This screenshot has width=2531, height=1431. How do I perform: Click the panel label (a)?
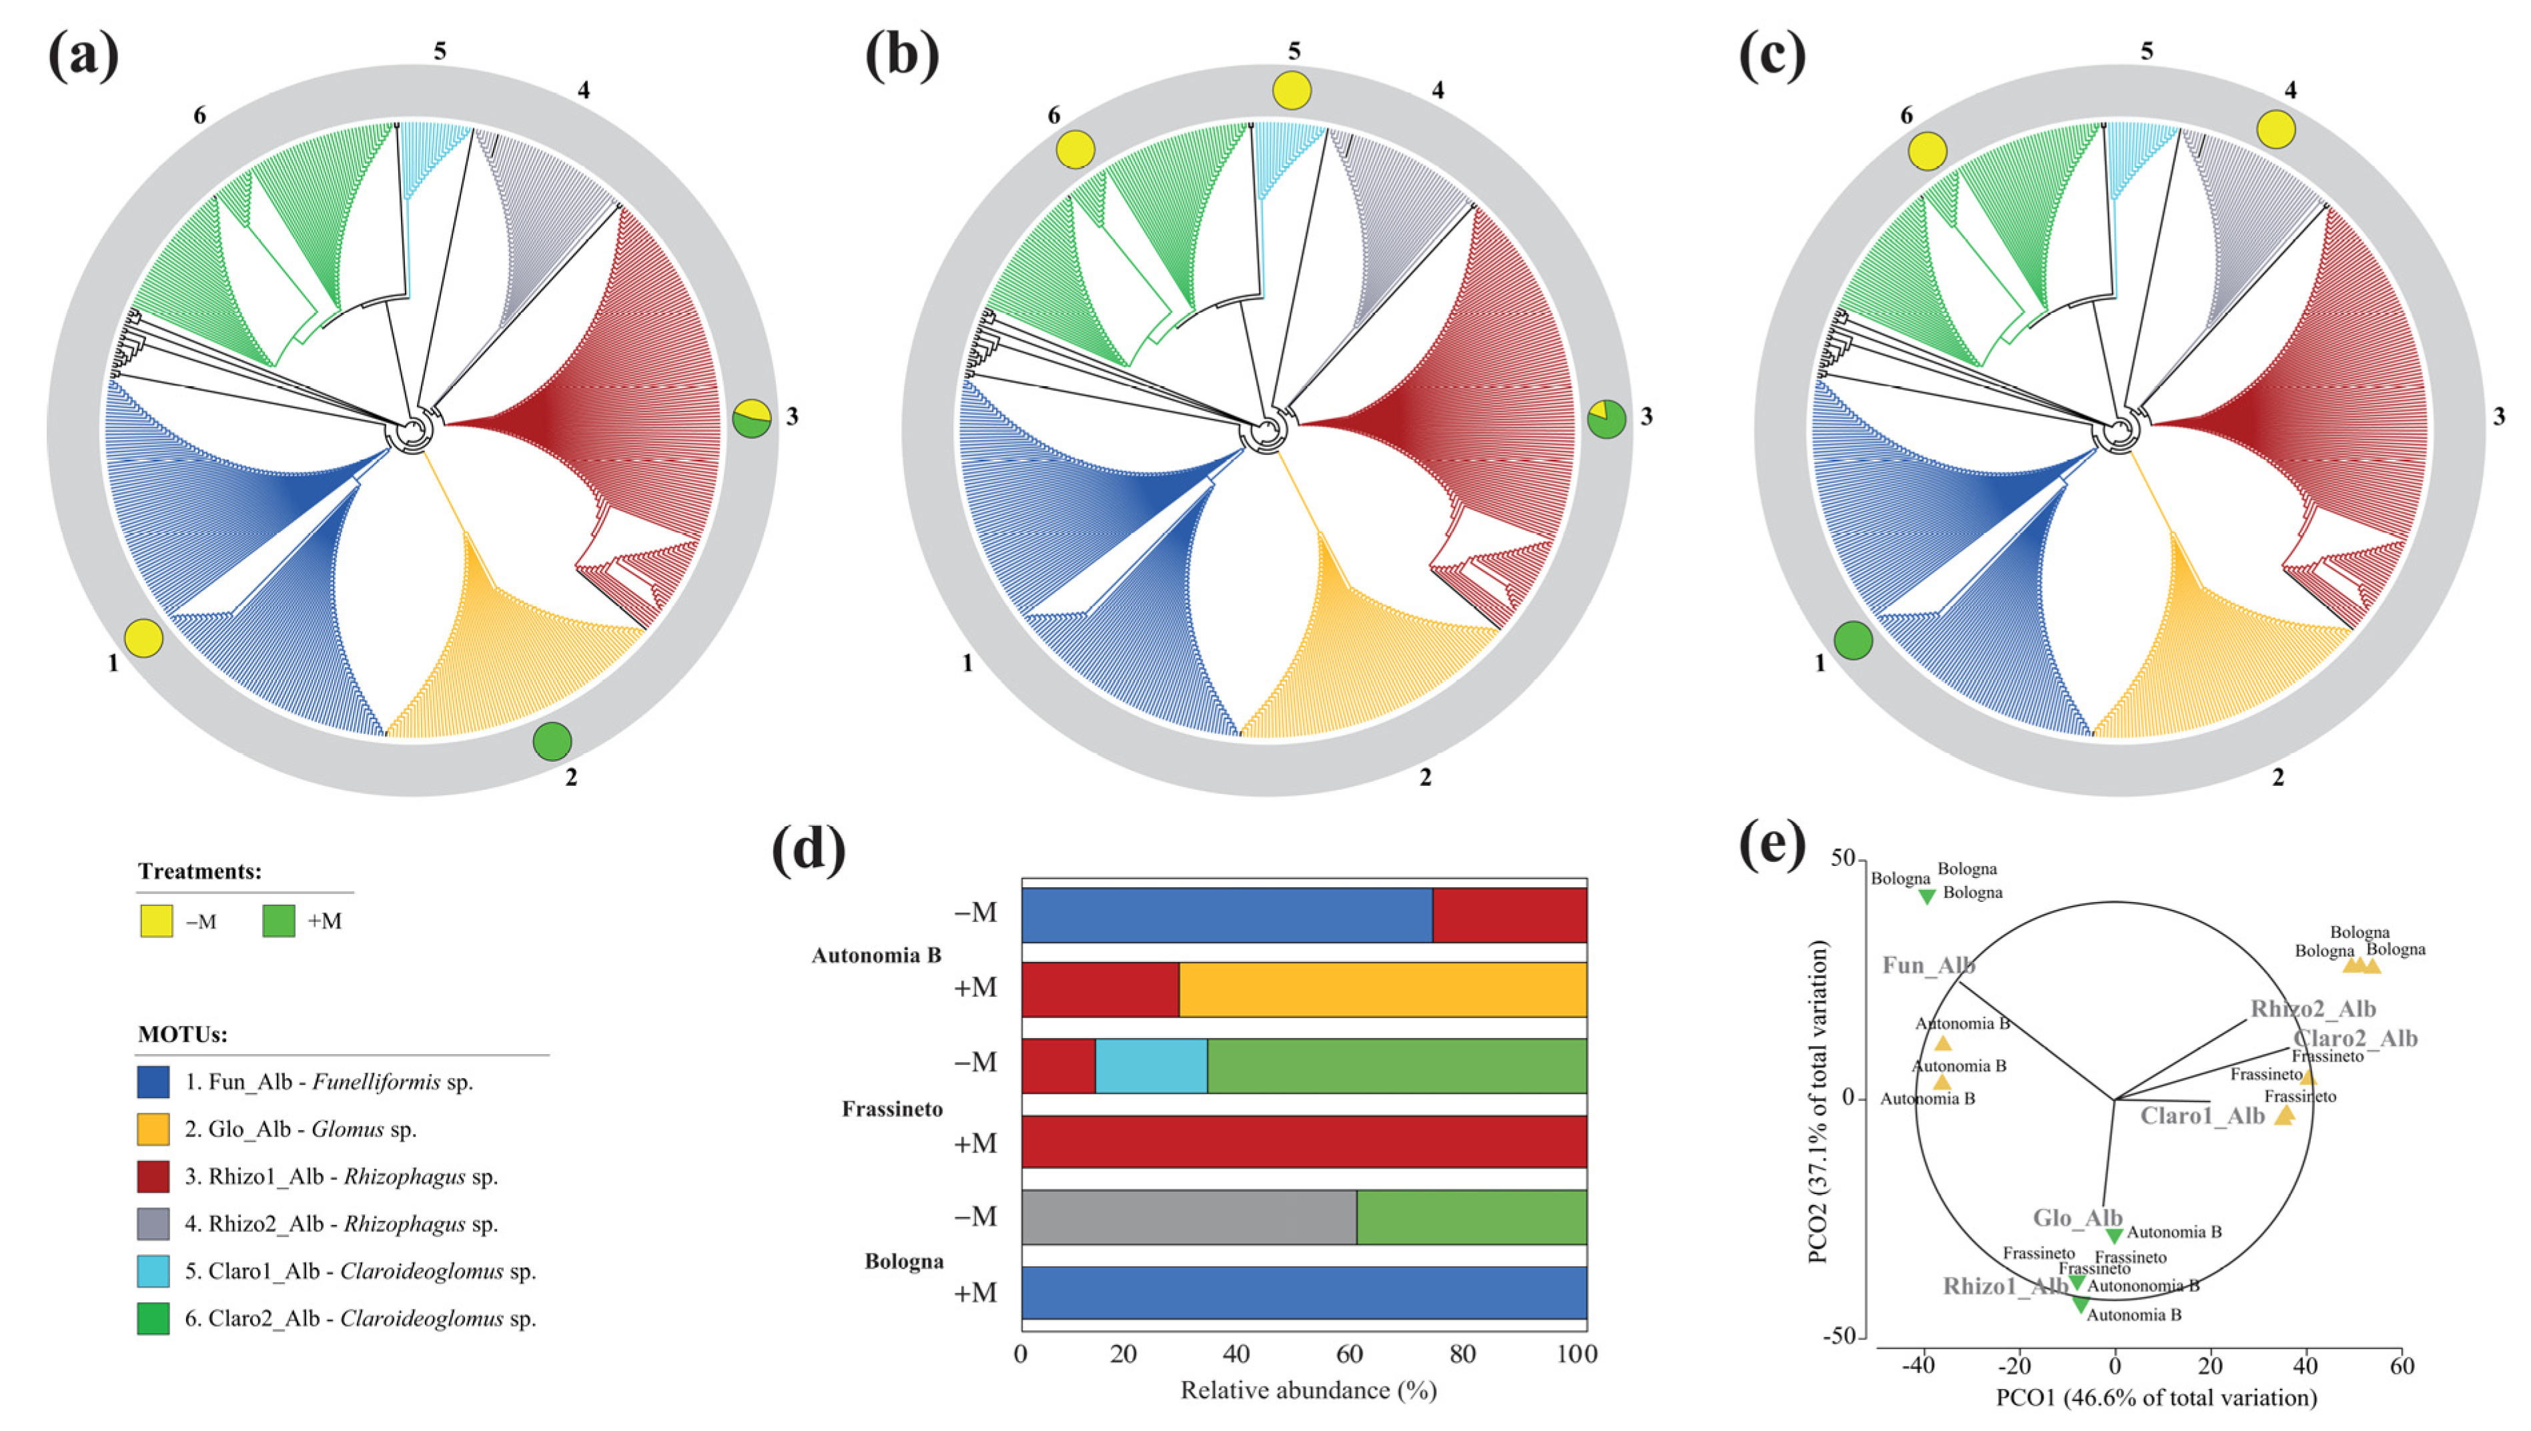tap(83, 56)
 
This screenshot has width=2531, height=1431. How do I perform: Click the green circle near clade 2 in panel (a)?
tap(552, 741)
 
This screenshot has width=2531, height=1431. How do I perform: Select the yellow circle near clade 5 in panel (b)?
tap(1292, 91)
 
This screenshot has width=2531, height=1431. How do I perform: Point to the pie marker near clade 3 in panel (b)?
tap(1606, 420)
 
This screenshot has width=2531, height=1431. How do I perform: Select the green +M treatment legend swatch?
tap(279, 921)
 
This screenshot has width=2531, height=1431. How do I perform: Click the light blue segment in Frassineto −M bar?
tap(1151, 1065)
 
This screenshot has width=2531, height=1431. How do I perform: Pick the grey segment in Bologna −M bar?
tap(1189, 1217)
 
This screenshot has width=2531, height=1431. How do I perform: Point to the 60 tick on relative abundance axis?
tap(1349, 1354)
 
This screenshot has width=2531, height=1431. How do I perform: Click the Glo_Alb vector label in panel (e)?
tap(2077, 1218)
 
